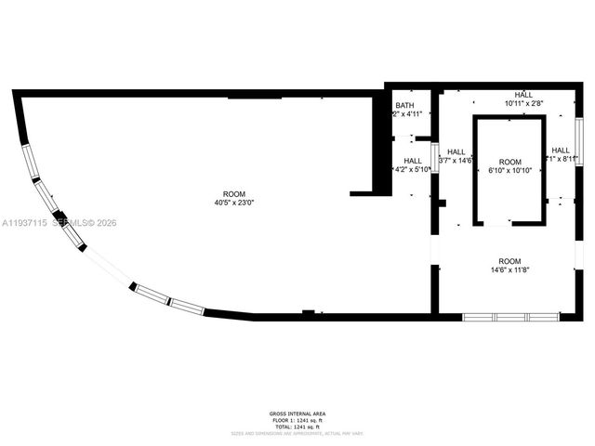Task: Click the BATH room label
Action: pos(404,105)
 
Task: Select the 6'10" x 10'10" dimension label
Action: pos(510,170)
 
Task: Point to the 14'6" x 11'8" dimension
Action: pos(509,270)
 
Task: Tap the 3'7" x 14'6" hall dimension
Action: pos(456,161)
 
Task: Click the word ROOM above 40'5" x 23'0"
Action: pos(234,193)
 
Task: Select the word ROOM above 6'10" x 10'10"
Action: pos(510,162)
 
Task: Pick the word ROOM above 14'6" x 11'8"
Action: pos(509,261)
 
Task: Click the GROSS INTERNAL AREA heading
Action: pos(297,413)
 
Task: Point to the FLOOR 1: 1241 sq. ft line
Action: pos(297,420)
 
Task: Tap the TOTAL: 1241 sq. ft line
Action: pos(297,426)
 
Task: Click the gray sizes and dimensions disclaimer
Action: pos(297,433)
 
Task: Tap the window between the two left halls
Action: pos(434,158)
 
